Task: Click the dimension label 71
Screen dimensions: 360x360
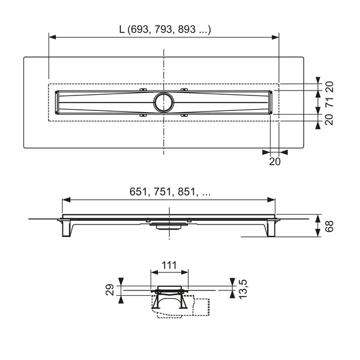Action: [x=329, y=102]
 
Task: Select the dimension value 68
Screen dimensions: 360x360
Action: [x=329, y=226]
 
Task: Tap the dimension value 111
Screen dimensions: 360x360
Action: [x=169, y=265]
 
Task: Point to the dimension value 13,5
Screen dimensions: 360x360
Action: [x=242, y=289]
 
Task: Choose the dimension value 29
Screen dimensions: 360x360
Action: [x=110, y=290]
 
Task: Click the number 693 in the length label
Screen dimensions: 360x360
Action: [x=139, y=29]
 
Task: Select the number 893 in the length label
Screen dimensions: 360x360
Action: [x=187, y=29]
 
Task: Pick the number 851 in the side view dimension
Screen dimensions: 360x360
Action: [x=186, y=192]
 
